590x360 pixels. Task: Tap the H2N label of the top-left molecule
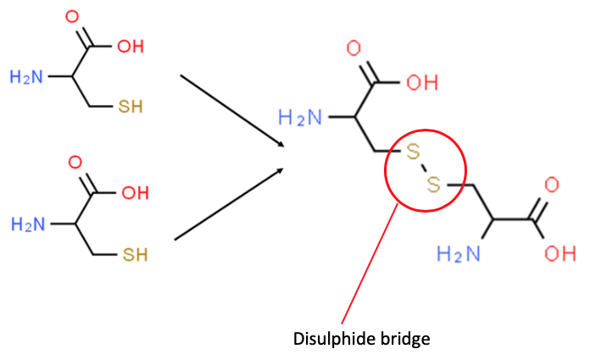(25, 77)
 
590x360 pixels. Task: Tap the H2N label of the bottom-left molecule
(25, 224)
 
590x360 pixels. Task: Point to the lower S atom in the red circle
(433, 184)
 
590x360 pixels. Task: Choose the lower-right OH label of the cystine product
(559, 252)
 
